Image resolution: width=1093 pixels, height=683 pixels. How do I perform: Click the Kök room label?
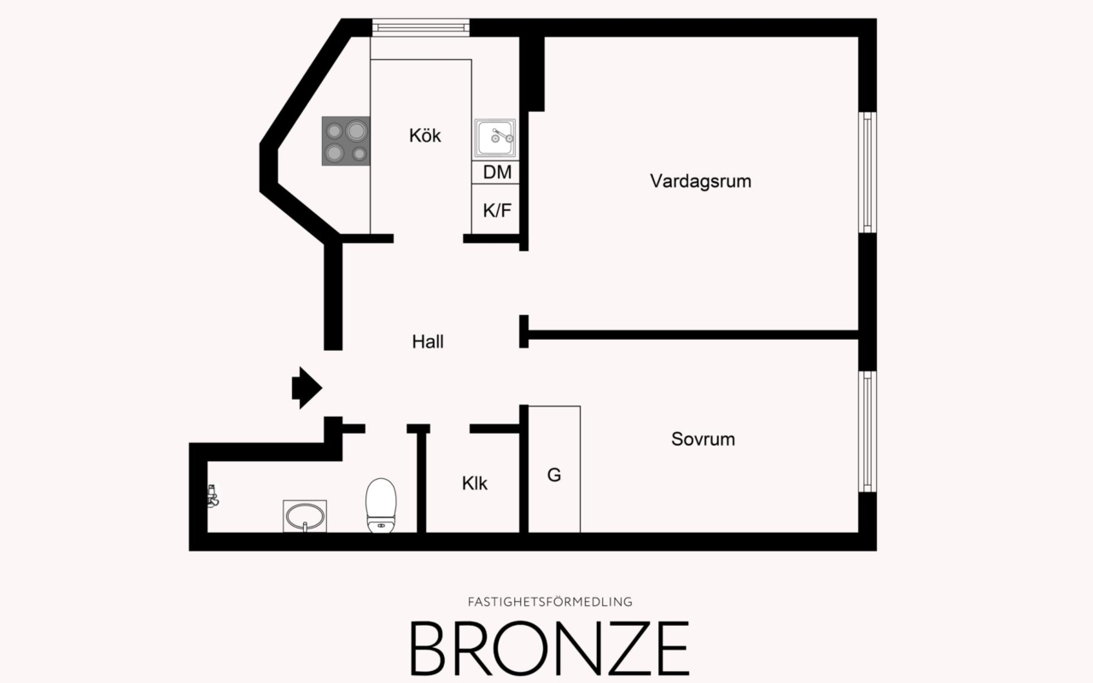(425, 135)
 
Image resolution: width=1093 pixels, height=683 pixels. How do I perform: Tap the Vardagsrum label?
(700, 181)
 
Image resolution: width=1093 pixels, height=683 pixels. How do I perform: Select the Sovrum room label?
(703, 440)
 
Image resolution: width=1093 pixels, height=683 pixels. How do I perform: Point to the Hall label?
(428, 341)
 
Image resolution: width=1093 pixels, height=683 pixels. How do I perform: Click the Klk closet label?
(475, 483)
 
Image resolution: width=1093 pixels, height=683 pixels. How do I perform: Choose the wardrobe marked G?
(554, 475)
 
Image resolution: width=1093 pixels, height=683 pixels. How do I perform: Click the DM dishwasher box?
(497, 172)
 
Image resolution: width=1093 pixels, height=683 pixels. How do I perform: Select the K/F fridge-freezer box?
(497, 209)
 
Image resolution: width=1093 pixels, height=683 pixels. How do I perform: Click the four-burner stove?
(346, 141)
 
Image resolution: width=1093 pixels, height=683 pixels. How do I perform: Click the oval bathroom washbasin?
(305, 517)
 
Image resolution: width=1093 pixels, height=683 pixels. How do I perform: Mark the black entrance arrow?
(306, 388)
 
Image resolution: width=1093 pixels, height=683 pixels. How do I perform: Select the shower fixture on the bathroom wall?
(213, 496)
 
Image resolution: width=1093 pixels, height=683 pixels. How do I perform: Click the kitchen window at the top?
(420, 27)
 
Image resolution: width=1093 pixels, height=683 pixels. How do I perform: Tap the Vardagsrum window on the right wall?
(868, 172)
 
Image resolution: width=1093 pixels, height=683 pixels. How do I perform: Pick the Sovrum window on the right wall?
(868, 431)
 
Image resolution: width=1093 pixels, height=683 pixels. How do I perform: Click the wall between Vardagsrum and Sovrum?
(692, 335)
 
